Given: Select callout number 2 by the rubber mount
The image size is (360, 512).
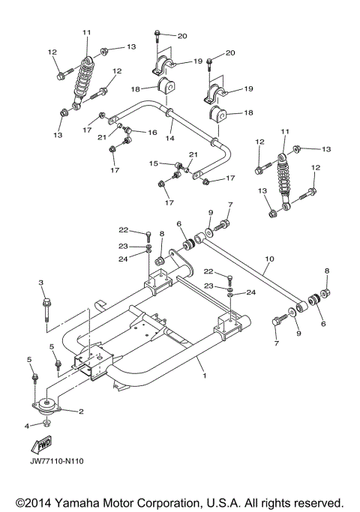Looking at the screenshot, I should click(80, 412).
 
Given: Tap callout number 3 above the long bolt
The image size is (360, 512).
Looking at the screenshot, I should click(42, 283).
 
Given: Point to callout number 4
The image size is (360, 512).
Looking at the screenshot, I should click(28, 426).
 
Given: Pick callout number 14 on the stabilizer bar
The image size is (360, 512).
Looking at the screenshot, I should click(170, 138).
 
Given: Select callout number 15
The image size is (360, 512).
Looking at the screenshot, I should click(154, 163).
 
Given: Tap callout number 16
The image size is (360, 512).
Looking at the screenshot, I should click(153, 132).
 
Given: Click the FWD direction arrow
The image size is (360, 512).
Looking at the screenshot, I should click(46, 448).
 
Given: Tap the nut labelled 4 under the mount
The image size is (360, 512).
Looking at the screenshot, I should click(45, 425).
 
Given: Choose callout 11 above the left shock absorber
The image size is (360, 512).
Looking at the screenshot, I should click(86, 32).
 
